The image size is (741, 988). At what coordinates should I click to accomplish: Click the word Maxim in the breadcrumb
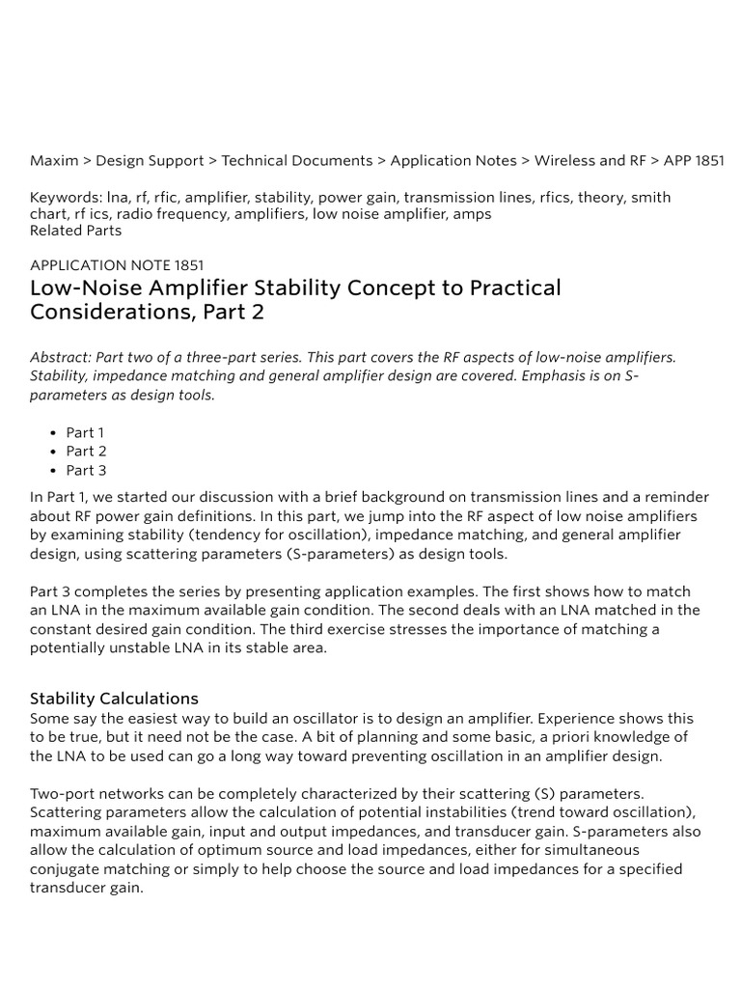(x=54, y=161)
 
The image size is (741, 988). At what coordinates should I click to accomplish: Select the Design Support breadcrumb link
(x=150, y=161)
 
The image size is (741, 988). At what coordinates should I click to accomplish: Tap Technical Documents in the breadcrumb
(x=297, y=161)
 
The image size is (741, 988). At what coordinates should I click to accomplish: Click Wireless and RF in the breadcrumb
(x=590, y=161)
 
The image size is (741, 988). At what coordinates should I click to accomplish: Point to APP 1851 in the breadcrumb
(x=694, y=161)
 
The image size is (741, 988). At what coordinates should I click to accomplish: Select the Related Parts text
(x=76, y=231)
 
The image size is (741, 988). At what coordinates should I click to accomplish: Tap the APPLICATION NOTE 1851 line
(x=117, y=264)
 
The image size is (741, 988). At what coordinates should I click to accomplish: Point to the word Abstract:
(x=61, y=357)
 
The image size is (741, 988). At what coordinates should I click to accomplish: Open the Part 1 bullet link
(x=85, y=433)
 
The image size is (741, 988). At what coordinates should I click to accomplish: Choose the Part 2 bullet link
(x=86, y=452)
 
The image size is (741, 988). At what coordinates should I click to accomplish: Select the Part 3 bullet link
(x=86, y=471)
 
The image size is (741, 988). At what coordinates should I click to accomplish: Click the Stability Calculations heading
(x=114, y=699)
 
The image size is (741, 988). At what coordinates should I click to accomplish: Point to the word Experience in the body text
(x=576, y=719)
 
